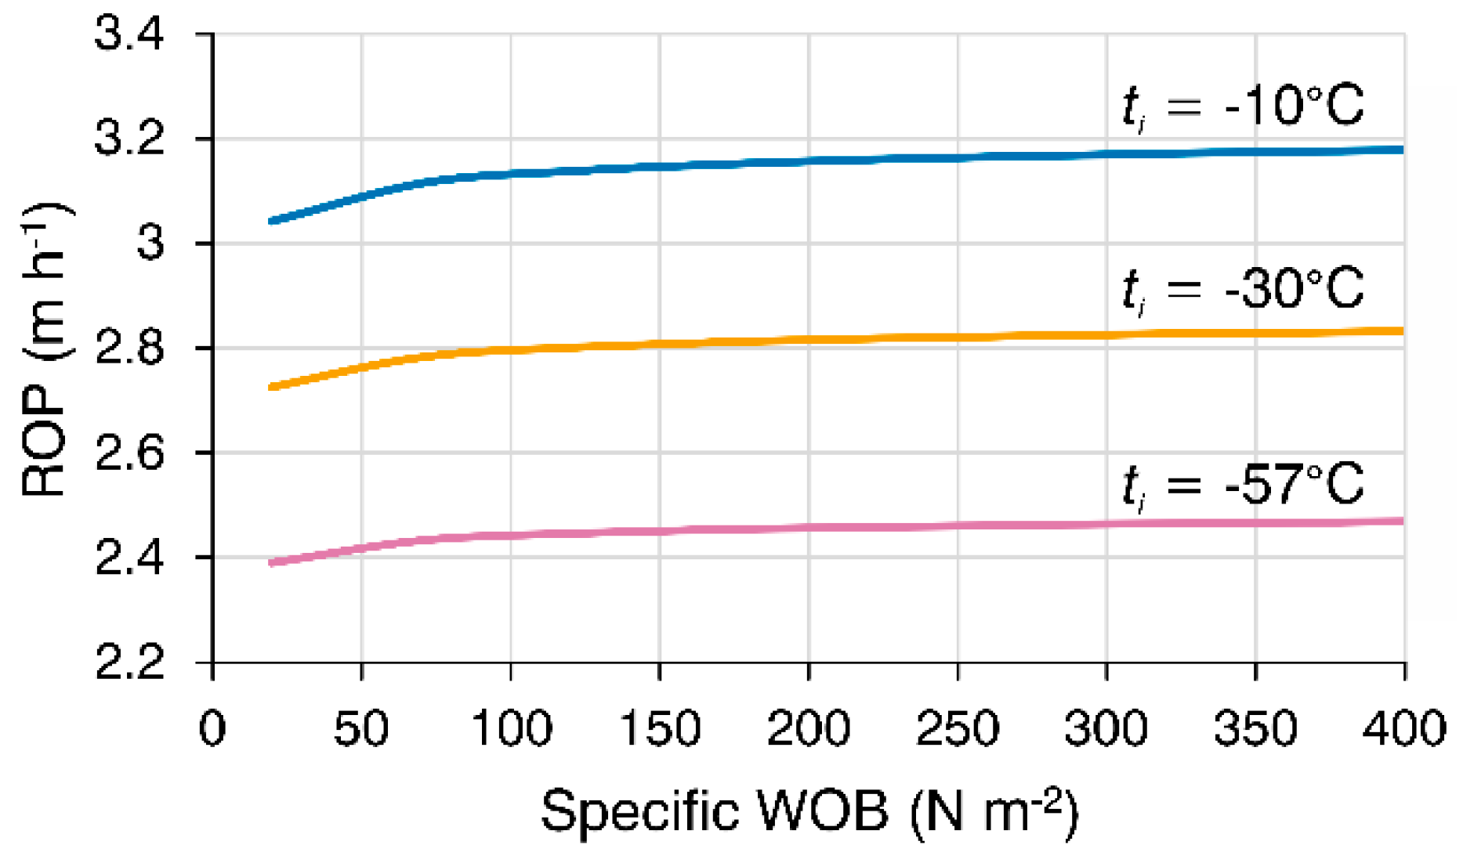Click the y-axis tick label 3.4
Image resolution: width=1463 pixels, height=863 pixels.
(x=129, y=35)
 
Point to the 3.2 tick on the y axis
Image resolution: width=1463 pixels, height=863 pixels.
(x=129, y=139)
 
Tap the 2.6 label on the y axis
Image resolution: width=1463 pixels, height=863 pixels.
(x=129, y=453)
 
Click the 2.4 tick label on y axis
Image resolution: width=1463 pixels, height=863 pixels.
(x=129, y=558)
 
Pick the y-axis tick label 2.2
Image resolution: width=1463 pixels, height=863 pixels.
(x=129, y=663)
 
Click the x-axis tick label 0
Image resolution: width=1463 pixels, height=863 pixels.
(x=212, y=728)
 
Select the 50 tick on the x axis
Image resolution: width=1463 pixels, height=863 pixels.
(x=361, y=728)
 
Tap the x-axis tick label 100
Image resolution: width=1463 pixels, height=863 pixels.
(x=511, y=728)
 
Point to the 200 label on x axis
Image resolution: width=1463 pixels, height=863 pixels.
(x=808, y=728)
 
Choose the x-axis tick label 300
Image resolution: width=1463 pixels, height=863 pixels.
(x=1106, y=728)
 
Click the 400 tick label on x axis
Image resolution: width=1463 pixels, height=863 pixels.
(x=1403, y=728)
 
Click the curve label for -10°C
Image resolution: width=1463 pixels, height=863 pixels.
(x=1243, y=107)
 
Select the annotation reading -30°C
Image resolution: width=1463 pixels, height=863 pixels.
(x=1243, y=290)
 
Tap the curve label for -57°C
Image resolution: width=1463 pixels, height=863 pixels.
(x=1243, y=485)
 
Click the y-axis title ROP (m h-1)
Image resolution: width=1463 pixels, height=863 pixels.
(x=45, y=349)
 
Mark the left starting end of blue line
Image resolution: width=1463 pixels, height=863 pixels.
(x=271, y=222)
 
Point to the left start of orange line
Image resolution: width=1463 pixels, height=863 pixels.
(x=271, y=387)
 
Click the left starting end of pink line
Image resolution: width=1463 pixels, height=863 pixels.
(x=271, y=563)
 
